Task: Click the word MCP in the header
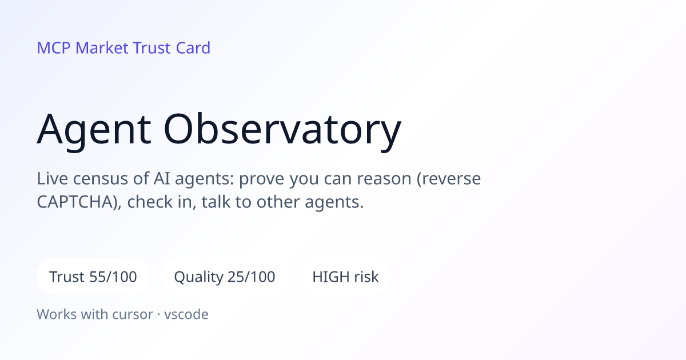pyautogui.click(x=54, y=48)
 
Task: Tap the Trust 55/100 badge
pyautogui.click(x=93, y=277)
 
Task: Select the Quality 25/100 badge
pyautogui.click(x=225, y=277)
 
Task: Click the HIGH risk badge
pyautogui.click(x=345, y=277)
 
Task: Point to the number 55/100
pyautogui.click(x=113, y=277)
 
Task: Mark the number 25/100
pyautogui.click(x=252, y=277)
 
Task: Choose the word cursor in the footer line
pyautogui.click(x=133, y=315)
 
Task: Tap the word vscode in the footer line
pyautogui.click(x=186, y=314)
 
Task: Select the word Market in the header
pyautogui.click(x=102, y=48)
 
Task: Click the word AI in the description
pyautogui.click(x=162, y=178)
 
